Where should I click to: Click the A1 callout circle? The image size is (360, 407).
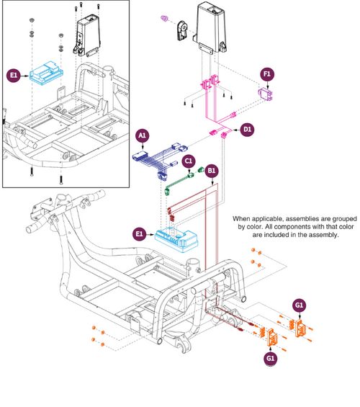tap(142, 135)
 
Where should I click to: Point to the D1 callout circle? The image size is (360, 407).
tap(247, 130)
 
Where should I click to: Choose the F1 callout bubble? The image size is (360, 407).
tap(267, 74)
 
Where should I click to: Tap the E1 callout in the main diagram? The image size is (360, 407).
tap(139, 233)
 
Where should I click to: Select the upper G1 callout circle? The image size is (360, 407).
tap(299, 305)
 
